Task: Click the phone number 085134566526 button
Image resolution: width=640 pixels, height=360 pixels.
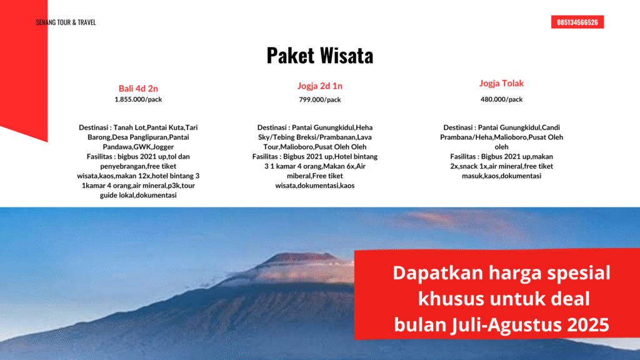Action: coord(577,22)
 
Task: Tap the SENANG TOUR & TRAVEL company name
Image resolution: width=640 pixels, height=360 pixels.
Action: coord(66,22)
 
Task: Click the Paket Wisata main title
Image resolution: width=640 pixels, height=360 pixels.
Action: coord(319,56)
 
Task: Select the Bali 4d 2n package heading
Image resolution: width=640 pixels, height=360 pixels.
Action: coord(138,88)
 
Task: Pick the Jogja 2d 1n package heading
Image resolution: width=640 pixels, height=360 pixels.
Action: coord(319,86)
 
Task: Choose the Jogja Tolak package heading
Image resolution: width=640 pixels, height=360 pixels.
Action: coord(501,83)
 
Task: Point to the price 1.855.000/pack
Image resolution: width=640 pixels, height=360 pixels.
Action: coord(138,99)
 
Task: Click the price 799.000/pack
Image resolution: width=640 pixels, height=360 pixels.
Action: coord(319,99)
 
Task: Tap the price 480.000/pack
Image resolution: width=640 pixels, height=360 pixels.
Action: coord(501,99)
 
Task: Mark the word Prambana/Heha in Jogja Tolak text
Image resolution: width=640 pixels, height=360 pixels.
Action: coord(466,137)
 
